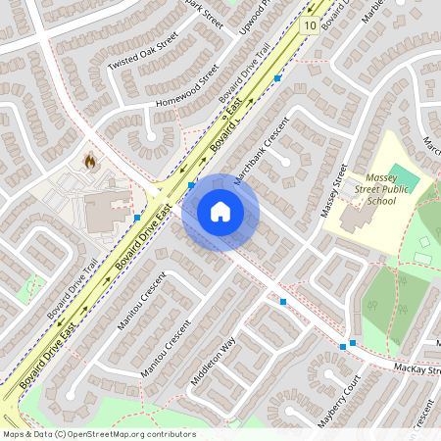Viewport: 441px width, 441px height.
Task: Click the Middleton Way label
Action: (x=216, y=362)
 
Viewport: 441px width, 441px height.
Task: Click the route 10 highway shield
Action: (x=310, y=24)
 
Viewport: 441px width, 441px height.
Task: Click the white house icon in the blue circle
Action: (x=220, y=212)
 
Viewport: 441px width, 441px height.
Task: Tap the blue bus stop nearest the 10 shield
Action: (x=277, y=77)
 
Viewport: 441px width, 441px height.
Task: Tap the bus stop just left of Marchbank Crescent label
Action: (x=192, y=183)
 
